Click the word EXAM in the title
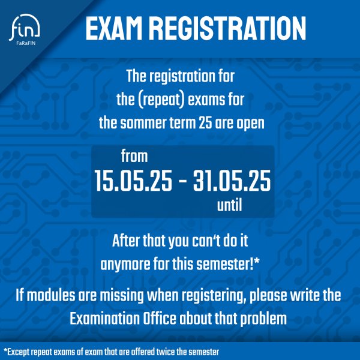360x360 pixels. coord(114,28)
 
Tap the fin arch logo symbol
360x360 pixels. coord(25,27)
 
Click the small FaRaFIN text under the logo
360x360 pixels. coord(26,43)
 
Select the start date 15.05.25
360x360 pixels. coord(133,181)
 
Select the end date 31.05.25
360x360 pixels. coord(232,181)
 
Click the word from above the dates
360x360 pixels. coord(134,156)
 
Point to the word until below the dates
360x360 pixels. coord(230,205)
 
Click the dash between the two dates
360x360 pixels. coord(182,182)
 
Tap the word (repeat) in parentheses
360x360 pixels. coord(161,100)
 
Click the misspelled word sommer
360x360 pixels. coord(143,123)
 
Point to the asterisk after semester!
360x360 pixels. coord(257,261)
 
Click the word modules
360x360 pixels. coord(51,295)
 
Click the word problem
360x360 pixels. coord(263,319)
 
